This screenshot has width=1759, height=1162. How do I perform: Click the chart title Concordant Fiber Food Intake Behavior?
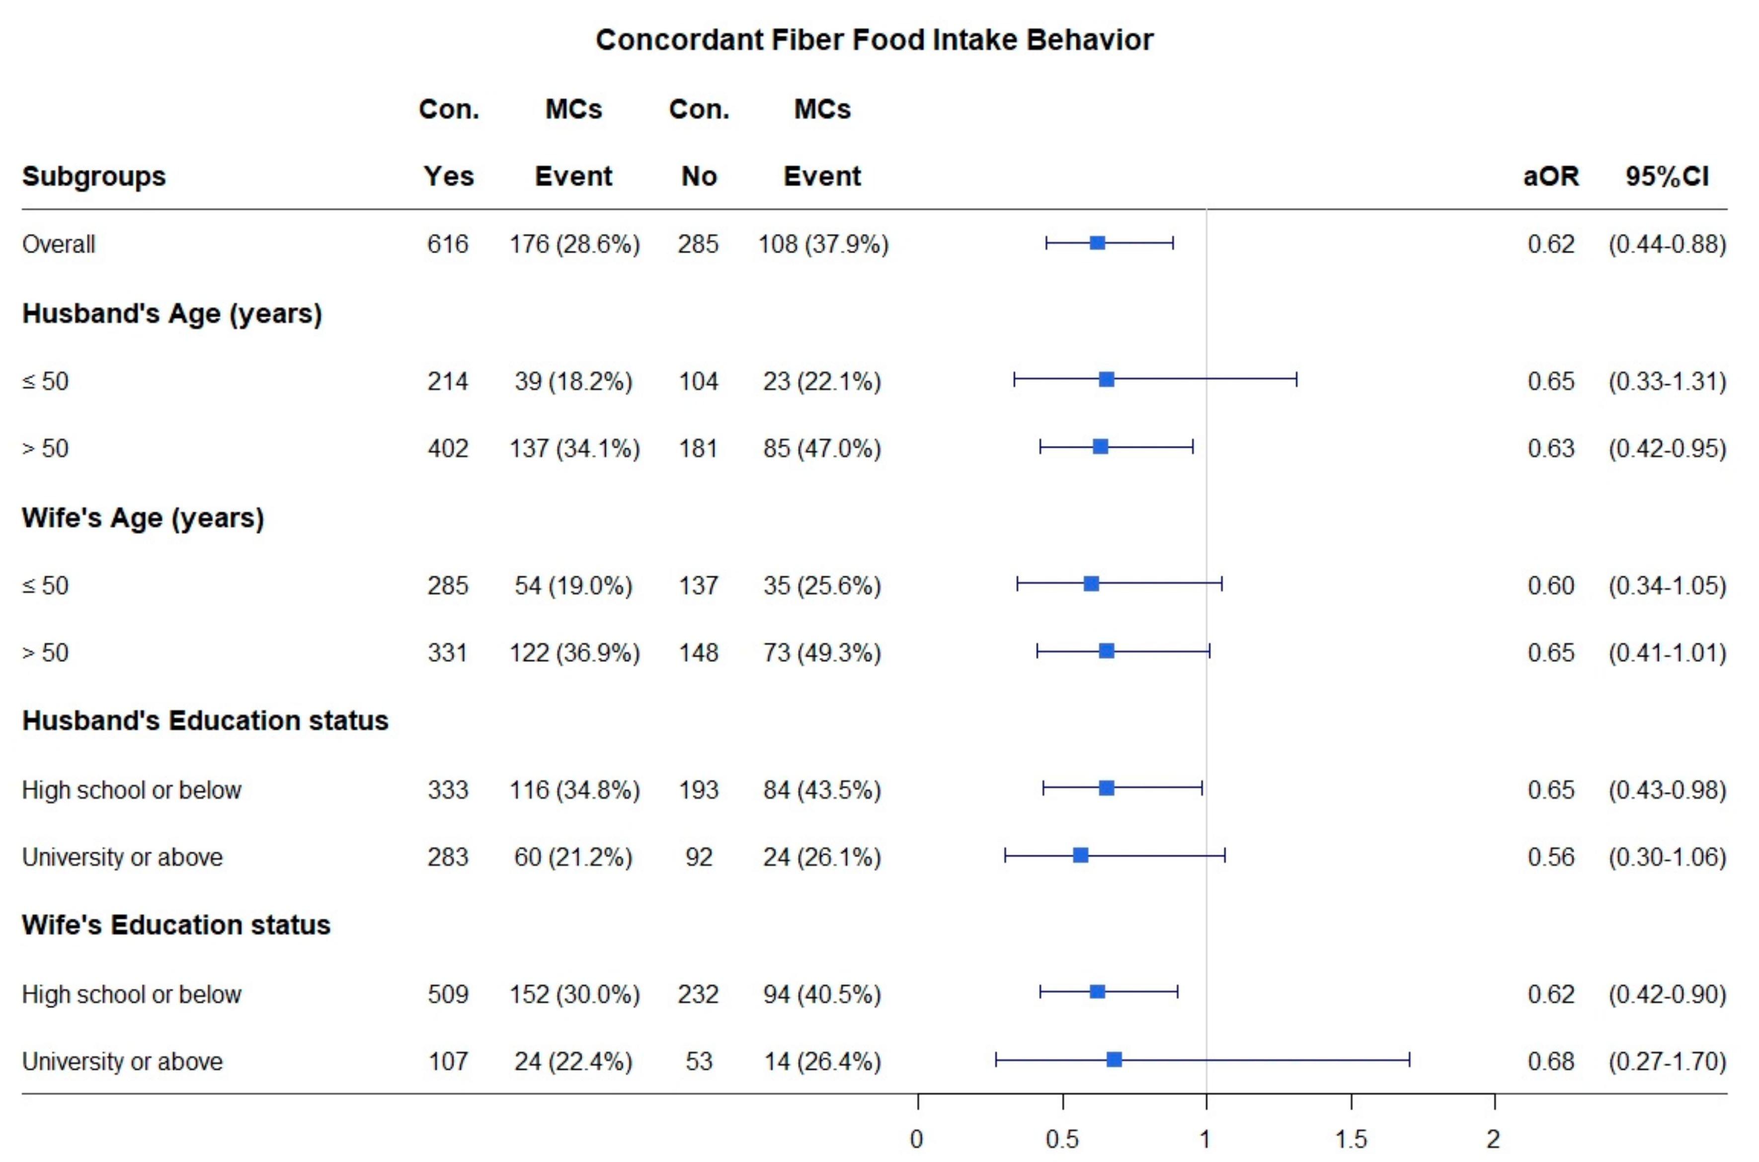point(874,40)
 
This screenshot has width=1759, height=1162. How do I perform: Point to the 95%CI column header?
point(1666,176)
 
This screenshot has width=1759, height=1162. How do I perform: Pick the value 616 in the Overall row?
point(447,244)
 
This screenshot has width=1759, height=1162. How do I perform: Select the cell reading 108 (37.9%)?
point(822,244)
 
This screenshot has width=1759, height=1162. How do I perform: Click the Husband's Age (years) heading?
point(172,313)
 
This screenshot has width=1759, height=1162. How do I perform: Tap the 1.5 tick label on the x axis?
point(1351,1138)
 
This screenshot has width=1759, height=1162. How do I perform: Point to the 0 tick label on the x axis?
point(917,1138)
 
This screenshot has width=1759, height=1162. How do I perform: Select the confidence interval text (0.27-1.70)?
point(1666,1061)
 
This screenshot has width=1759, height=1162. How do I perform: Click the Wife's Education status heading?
point(176,925)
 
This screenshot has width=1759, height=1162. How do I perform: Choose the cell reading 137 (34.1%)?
point(574,448)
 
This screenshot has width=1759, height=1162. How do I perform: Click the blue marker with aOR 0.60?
point(1091,584)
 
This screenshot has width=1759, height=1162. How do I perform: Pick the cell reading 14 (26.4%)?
point(822,1061)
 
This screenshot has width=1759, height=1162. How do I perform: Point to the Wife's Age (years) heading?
point(143,517)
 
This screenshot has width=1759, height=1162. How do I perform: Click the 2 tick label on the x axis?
point(1493,1138)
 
